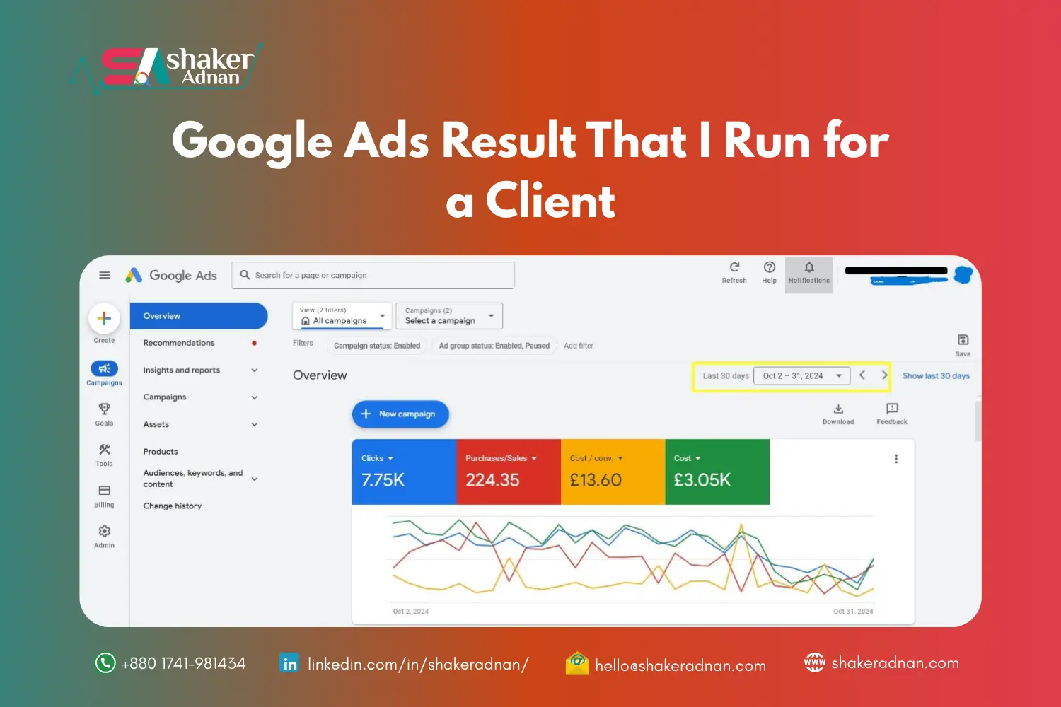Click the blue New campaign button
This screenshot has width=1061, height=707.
click(400, 414)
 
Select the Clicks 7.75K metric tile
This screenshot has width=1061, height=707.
click(404, 472)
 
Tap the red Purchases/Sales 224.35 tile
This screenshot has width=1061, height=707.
click(508, 472)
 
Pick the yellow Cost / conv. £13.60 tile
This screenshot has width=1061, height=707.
click(613, 472)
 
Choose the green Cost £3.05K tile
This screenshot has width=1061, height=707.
click(717, 472)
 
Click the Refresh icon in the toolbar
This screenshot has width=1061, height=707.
click(734, 268)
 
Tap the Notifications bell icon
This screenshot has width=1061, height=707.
click(809, 268)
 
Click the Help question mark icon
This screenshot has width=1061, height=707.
click(770, 268)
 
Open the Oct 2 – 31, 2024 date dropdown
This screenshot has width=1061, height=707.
click(802, 376)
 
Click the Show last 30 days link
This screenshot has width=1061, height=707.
click(936, 376)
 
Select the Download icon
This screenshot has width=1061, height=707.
click(838, 409)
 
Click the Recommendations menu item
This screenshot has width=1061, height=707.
click(179, 343)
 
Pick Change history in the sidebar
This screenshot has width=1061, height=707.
click(173, 506)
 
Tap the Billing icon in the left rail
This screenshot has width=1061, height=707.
click(105, 491)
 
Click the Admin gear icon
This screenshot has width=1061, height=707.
click(105, 532)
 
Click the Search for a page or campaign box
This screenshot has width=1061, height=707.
click(373, 276)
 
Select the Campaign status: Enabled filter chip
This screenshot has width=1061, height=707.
click(377, 346)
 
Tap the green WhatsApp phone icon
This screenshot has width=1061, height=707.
click(105, 663)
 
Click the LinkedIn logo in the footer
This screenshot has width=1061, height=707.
click(290, 664)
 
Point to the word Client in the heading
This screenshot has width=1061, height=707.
click(550, 201)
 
